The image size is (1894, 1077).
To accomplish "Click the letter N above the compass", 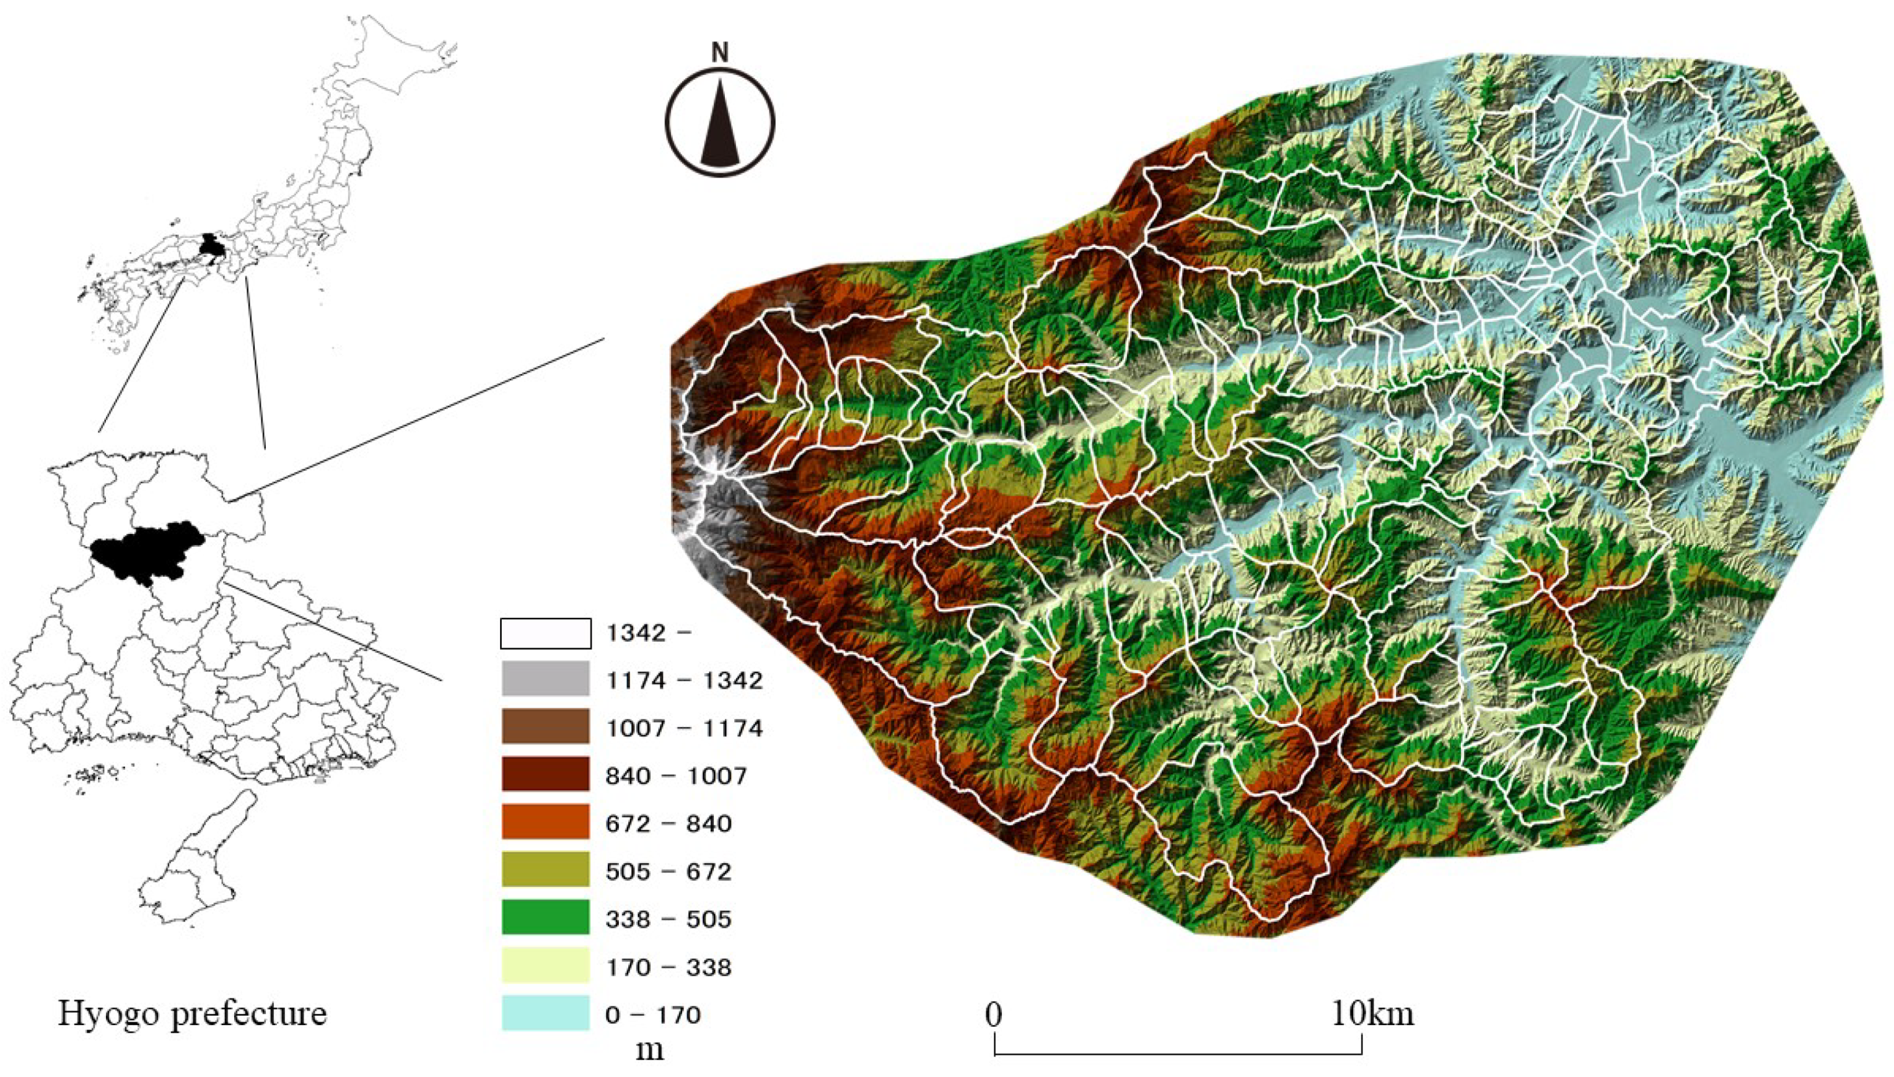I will click(x=719, y=53).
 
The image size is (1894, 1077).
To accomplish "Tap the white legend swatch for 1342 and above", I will click(x=545, y=633).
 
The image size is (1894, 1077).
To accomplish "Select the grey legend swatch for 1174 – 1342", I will click(x=545, y=679).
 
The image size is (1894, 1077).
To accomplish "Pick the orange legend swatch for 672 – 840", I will click(x=545, y=822).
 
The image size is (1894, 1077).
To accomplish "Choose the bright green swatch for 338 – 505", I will click(x=545, y=918).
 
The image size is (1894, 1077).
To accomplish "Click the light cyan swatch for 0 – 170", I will click(x=545, y=1013).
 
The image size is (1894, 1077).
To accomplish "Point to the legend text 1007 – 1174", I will click(x=683, y=728).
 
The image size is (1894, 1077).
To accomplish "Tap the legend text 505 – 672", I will click(x=668, y=871).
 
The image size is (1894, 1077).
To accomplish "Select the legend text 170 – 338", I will click(x=668, y=967).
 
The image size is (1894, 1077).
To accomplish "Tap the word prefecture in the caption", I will click(x=248, y=1014).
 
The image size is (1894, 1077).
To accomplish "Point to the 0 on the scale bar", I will click(x=994, y=1014).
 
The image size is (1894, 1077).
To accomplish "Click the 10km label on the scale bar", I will click(x=1372, y=1013).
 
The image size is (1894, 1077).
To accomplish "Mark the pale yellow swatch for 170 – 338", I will click(x=545, y=966).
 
